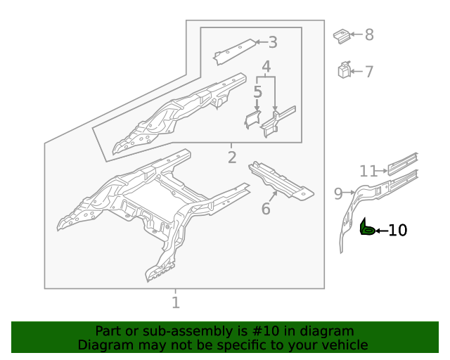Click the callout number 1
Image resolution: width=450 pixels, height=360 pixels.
[x=176, y=303]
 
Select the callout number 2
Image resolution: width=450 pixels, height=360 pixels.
[x=232, y=157]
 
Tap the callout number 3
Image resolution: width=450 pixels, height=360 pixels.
[x=273, y=42]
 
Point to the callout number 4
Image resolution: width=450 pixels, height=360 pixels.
[x=266, y=67]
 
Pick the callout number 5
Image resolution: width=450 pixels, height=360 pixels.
[x=258, y=91]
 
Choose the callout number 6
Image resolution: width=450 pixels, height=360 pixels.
[x=266, y=209]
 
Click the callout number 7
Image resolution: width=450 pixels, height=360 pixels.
[x=368, y=71]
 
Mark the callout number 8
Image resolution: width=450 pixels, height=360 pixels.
[x=368, y=34]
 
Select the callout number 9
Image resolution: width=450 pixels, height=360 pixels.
[x=338, y=193]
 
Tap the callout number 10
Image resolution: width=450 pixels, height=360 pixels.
[x=397, y=230]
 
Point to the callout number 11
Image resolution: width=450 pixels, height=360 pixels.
[x=368, y=171]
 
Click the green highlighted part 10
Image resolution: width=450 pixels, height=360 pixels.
[x=366, y=229]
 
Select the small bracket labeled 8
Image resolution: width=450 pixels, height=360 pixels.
[x=341, y=35]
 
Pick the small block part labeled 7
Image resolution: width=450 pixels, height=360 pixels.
[x=344, y=70]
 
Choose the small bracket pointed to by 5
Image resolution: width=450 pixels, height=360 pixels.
[x=252, y=120]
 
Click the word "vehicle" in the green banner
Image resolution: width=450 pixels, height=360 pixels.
[x=342, y=345]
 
